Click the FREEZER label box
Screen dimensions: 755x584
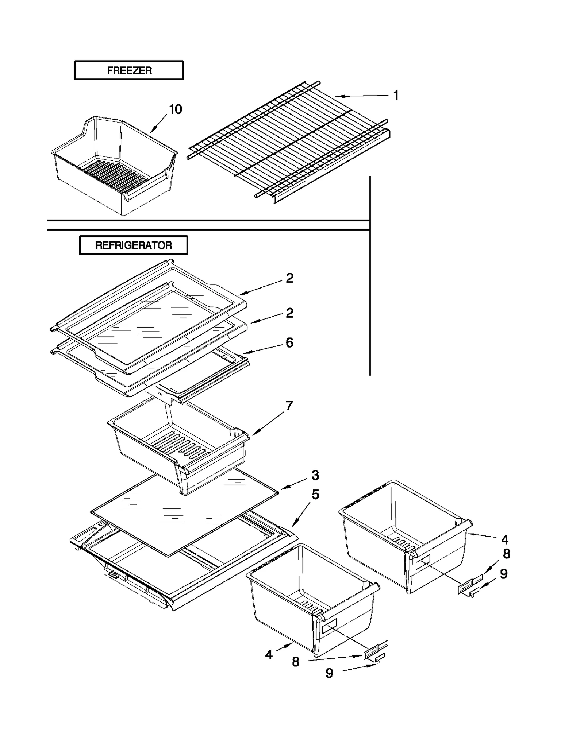(x=128, y=70)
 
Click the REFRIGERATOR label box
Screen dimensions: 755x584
(x=133, y=245)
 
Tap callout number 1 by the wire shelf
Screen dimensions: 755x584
(x=396, y=95)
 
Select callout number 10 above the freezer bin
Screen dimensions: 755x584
(x=176, y=109)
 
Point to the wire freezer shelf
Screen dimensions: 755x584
(x=288, y=142)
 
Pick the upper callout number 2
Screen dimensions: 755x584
(x=289, y=278)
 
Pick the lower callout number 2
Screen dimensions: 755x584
(x=289, y=313)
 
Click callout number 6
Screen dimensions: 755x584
(x=289, y=343)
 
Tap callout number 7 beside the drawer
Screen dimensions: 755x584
(x=289, y=406)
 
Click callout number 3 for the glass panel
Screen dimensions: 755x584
(x=315, y=475)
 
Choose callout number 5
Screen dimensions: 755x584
(x=315, y=495)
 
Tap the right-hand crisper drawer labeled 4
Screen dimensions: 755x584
(x=405, y=533)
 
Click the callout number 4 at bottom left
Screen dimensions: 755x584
(x=269, y=655)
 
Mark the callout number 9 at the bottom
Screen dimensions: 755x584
(x=329, y=673)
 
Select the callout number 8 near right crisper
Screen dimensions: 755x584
(x=506, y=554)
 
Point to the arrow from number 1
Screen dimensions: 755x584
(x=361, y=96)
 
